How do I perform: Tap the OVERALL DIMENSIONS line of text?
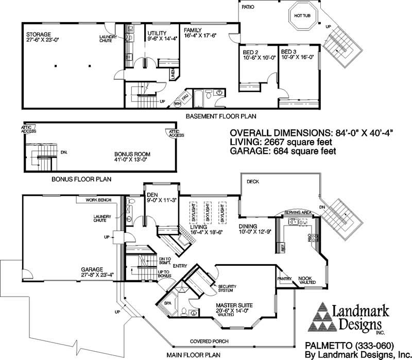(x=311, y=131)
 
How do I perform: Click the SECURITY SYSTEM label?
(x=227, y=288)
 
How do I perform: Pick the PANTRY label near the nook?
(x=284, y=279)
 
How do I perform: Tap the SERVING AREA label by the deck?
(x=298, y=212)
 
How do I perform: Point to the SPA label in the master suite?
(x=167, y=303)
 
